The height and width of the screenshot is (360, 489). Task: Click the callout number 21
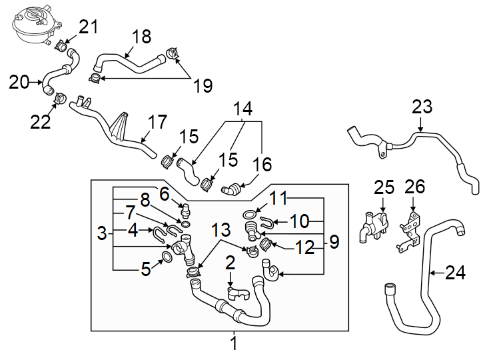[88, 27]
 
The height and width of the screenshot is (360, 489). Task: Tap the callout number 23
[422, 106]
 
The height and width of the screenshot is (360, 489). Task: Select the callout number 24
[456, 272]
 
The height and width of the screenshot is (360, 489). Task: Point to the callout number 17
[157, 123]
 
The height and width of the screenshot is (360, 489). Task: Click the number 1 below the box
[233, 344]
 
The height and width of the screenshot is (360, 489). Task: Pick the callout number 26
[415, 186]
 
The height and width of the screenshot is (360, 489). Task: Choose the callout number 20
[19, 83]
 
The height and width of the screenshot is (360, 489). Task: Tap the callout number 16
[262, 164]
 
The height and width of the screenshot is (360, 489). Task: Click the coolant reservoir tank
[31, 23]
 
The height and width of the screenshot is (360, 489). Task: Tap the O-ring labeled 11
[249, 215]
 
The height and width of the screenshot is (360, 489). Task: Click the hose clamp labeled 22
[59, 100]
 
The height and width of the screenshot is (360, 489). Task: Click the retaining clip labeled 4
[161, 233]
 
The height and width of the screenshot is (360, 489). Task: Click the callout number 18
[141, 36]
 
